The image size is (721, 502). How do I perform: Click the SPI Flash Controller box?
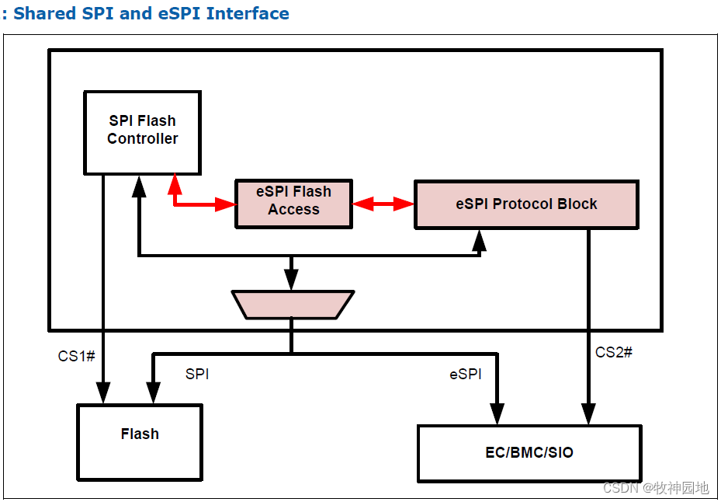pyautogui.click(x=142, y=132)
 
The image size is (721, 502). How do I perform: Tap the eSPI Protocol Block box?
pyautogui.click(x=526, y=204)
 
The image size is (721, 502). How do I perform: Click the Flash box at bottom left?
pyautogui.click(x=140, y=441)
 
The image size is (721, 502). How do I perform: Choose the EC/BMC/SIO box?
pyautogui.click(x=529, y=452)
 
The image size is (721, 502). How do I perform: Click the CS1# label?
pyautogui.click(x=76, y=356)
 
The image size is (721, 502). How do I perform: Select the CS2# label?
pyautogui.click(x=613, y=352)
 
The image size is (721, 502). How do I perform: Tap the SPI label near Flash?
pyautogui.click(x=196, y=374)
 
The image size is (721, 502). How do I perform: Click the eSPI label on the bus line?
pyautogui.click(x=466, y=374)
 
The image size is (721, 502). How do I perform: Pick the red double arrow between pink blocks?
pyautogui.click(x=383, y=204)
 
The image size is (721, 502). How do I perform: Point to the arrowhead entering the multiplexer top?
pyautogui.click(x=292, y=283)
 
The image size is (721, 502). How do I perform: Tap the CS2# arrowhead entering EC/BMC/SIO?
pyautogui.click(x=588, y=416)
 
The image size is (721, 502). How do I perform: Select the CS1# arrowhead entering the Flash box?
pyautogui.click(x=102, y=395)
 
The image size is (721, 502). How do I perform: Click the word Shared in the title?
pyautogui.click(x=47, y=13)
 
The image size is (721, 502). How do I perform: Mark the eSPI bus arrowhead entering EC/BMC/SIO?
pyautogui.click(x=497, y=416)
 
